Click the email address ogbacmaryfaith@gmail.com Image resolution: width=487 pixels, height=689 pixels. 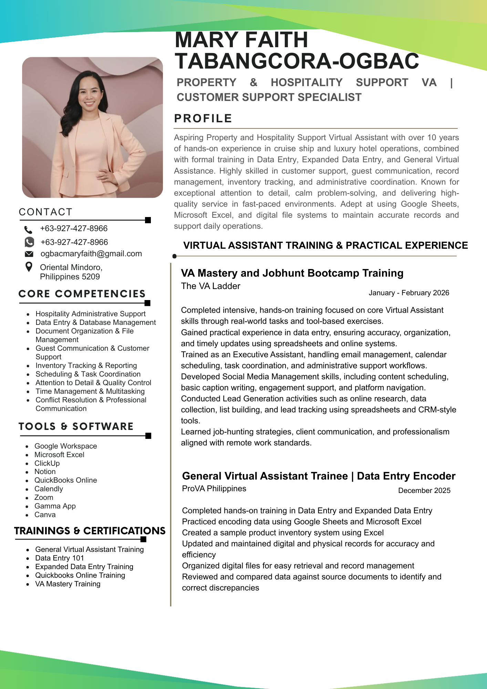coord(91,254)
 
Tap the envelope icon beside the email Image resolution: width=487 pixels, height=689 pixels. coord(29,254)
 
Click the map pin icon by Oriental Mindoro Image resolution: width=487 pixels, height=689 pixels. coord(29,267)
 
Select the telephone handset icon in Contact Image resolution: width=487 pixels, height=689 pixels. coord(28,229)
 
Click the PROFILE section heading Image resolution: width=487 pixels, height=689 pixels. coord(203,118)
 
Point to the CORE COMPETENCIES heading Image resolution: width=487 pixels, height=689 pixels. coord(82,294)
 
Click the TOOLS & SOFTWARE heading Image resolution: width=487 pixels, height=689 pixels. coord(76,426)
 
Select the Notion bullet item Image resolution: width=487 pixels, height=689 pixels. coord(45,472)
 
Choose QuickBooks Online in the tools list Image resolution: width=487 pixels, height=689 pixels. coord(65,480)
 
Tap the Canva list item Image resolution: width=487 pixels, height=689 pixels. coord(45,515)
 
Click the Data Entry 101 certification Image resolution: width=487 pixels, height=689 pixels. coord(59,558)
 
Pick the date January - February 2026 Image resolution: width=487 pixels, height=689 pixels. coord(409,293)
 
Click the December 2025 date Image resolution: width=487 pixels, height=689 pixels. coord(424,491)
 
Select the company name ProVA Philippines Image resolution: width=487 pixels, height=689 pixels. coord(214,489)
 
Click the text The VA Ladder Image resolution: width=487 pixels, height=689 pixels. coord(210,286)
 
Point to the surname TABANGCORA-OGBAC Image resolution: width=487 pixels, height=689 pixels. coord(297,61)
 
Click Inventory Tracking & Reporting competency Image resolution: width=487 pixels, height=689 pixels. coord(86,366)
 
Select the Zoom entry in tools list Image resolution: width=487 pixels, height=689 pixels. coord(44,497)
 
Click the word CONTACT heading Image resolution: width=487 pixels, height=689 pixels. coord(45,212)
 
